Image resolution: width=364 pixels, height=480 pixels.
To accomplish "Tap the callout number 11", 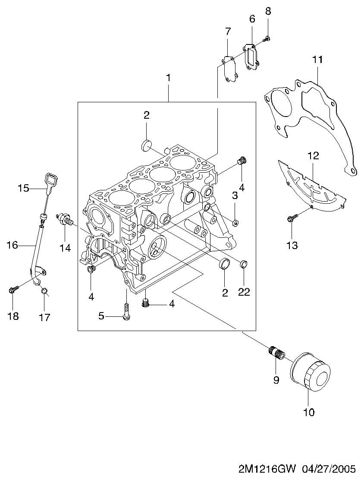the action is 317,60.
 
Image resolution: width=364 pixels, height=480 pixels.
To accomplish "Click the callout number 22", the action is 244,292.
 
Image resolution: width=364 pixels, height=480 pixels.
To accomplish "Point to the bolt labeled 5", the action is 126,311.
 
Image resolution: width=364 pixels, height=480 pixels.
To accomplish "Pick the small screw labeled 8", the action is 267,38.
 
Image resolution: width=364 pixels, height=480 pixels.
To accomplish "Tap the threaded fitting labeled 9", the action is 277,354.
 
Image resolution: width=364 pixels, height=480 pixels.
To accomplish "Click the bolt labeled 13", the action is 292,218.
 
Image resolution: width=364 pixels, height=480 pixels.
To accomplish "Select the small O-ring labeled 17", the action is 44,291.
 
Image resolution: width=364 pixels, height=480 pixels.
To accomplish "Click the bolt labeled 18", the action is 13,289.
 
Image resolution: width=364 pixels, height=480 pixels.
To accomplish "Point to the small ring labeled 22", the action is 244,264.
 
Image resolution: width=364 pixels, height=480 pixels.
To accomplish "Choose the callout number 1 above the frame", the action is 168,78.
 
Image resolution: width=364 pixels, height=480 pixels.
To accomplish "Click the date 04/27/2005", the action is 329,469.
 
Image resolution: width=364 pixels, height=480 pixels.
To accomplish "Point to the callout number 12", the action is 313,156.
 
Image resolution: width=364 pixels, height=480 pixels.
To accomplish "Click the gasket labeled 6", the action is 251,57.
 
